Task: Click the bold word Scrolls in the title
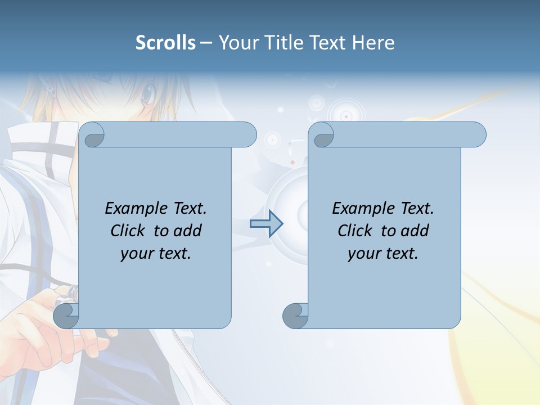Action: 165,43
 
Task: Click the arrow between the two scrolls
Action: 266,224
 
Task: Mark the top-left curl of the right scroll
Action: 322,135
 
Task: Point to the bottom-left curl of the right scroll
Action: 295,316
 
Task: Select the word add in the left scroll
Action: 187,231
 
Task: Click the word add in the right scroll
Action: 415,231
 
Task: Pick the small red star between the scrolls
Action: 292,162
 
